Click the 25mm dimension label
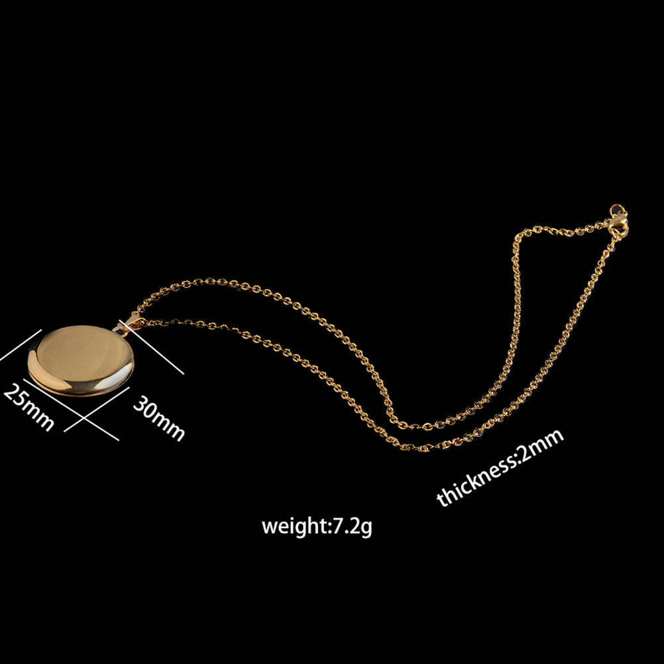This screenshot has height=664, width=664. pos(28,407)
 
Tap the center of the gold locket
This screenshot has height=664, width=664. pos(81,360)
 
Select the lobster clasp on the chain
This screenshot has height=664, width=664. pos(618,225)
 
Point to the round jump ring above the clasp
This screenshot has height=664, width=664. pos(616,210)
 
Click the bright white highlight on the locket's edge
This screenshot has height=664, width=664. pos(111,383)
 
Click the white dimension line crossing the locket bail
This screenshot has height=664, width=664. pos(151,347)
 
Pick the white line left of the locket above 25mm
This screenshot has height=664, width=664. pos(21,345)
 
